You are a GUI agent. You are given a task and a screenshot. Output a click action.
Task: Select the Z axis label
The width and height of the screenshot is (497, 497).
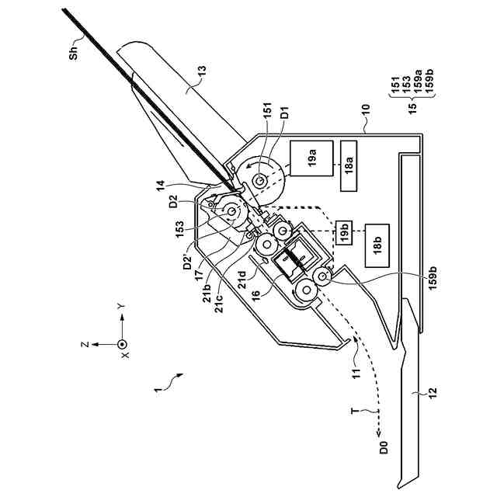tap(95, 342)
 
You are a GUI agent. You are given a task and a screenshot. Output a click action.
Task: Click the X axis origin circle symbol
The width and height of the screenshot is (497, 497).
tap(120, 342)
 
